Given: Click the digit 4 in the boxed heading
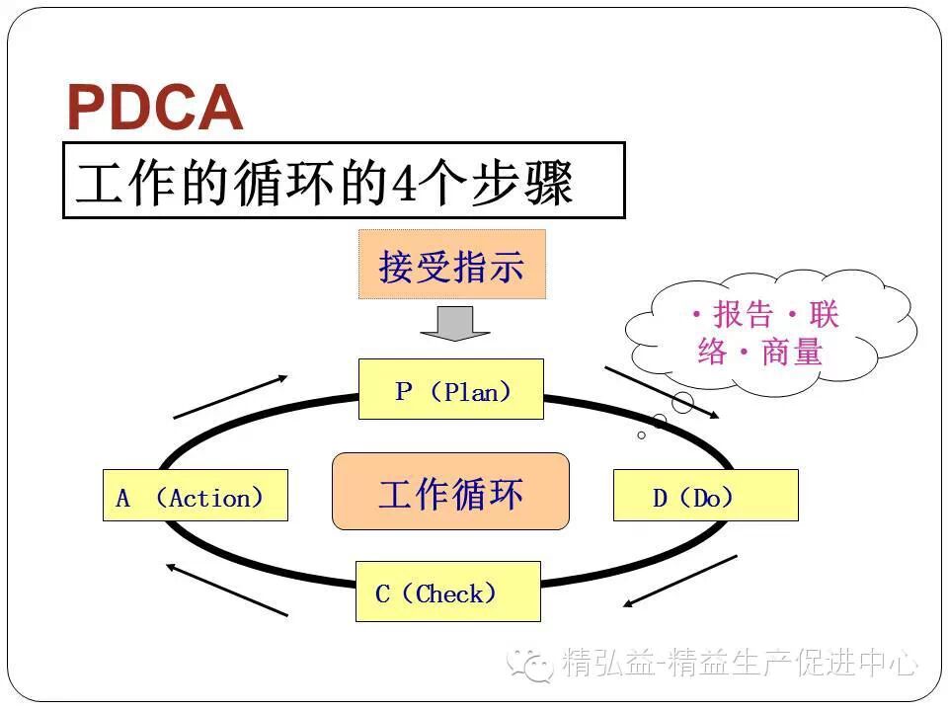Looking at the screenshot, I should (403, 184).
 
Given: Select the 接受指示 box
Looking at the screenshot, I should (451, 265).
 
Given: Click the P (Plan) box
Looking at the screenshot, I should (451, 390).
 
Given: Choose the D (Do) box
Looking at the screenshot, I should (705, 496).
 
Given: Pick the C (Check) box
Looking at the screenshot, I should (447, 592).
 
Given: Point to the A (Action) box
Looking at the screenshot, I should (195, 496).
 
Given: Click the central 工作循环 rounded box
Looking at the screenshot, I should (450, 493).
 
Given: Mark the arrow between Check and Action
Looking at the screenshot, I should (226, 590).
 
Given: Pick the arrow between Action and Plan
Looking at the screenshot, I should (230, 397).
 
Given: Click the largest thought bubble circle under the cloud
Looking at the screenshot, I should (682, 402).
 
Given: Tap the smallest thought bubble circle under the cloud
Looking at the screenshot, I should (641, 434).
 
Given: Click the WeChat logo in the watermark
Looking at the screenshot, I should (530, 663).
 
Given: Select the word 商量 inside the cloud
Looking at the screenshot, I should (792, 352).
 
